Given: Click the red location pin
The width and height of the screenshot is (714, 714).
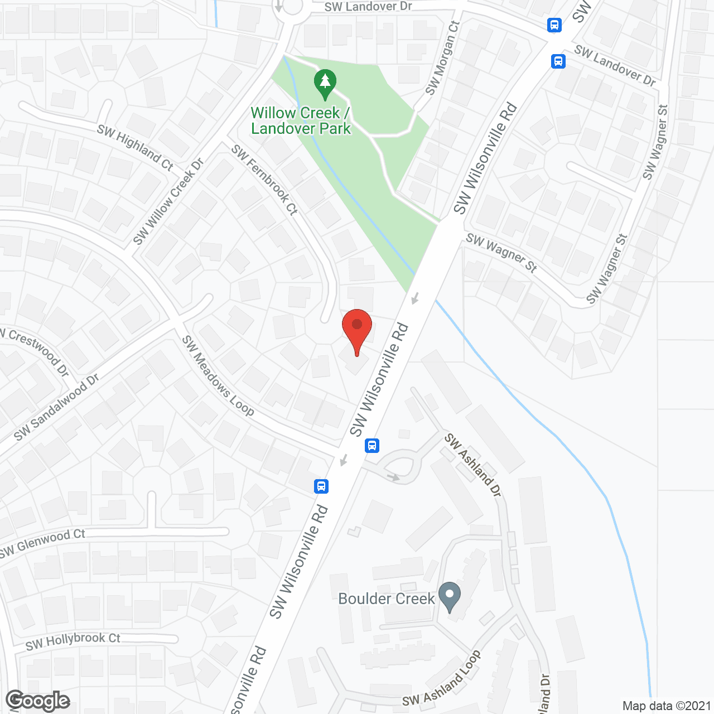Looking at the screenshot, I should point(357,329).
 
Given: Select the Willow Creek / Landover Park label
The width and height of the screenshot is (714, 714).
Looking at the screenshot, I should point(301,120).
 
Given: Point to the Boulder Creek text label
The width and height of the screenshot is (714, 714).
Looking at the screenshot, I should point(386,599).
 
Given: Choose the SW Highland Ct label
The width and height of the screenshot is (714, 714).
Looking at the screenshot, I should point(136,147).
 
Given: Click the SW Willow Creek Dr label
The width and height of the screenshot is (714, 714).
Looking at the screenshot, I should point(168,202).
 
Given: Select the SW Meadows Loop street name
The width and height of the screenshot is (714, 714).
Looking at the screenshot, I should point(218,375).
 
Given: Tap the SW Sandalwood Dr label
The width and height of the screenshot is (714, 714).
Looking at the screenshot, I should point(56,407).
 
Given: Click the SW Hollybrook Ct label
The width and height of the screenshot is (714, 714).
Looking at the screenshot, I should point(73,641).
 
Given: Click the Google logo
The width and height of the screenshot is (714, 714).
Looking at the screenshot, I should point(37,701).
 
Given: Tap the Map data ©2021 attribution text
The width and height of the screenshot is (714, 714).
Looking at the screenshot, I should point(667,706).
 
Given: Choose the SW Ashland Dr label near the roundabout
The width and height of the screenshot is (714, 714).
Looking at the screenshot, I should point(473,465).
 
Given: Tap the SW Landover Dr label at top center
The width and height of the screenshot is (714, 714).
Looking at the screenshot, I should point(368,7).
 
